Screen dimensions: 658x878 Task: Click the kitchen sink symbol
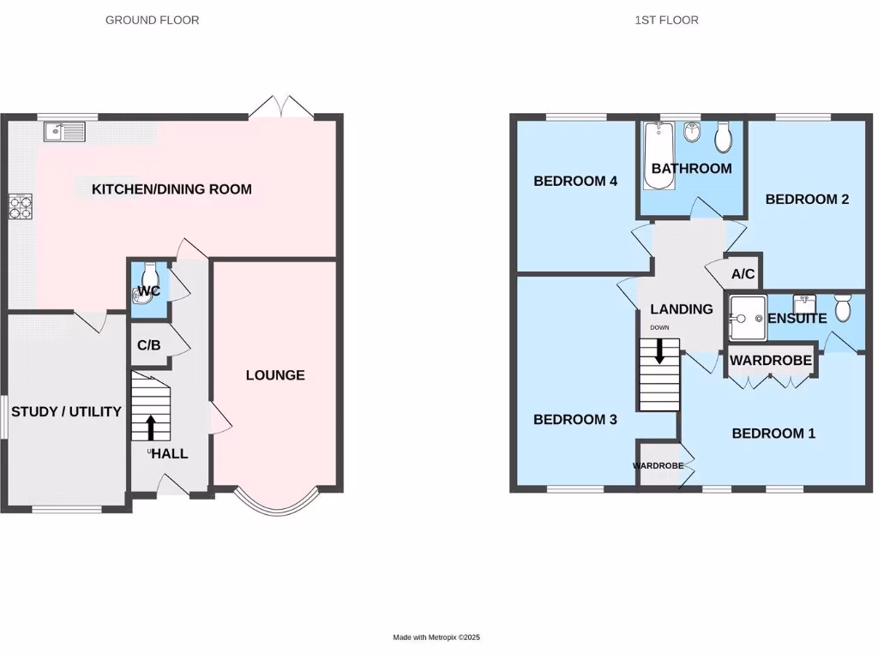tap(65, 131)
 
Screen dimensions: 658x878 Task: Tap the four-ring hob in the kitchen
tap(20, 206)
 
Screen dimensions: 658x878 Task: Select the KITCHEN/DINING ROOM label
tap(171, 189)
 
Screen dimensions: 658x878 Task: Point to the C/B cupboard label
tap(148, 345)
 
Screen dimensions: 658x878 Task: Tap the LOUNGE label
tap(275, 375)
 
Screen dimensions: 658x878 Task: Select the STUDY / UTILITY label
tap(66, 412)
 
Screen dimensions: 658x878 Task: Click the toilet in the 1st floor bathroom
tap(723, 135)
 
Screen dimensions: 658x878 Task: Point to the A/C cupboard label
tap(743, 274)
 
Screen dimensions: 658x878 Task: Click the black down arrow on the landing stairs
tap(659, 351)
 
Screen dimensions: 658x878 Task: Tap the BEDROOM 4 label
tap(575, 182)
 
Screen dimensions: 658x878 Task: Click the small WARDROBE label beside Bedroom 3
tap(658, 466)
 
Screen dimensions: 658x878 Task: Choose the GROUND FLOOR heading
tap(152, 20)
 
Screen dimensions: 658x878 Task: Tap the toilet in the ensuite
tap(844, 307)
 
